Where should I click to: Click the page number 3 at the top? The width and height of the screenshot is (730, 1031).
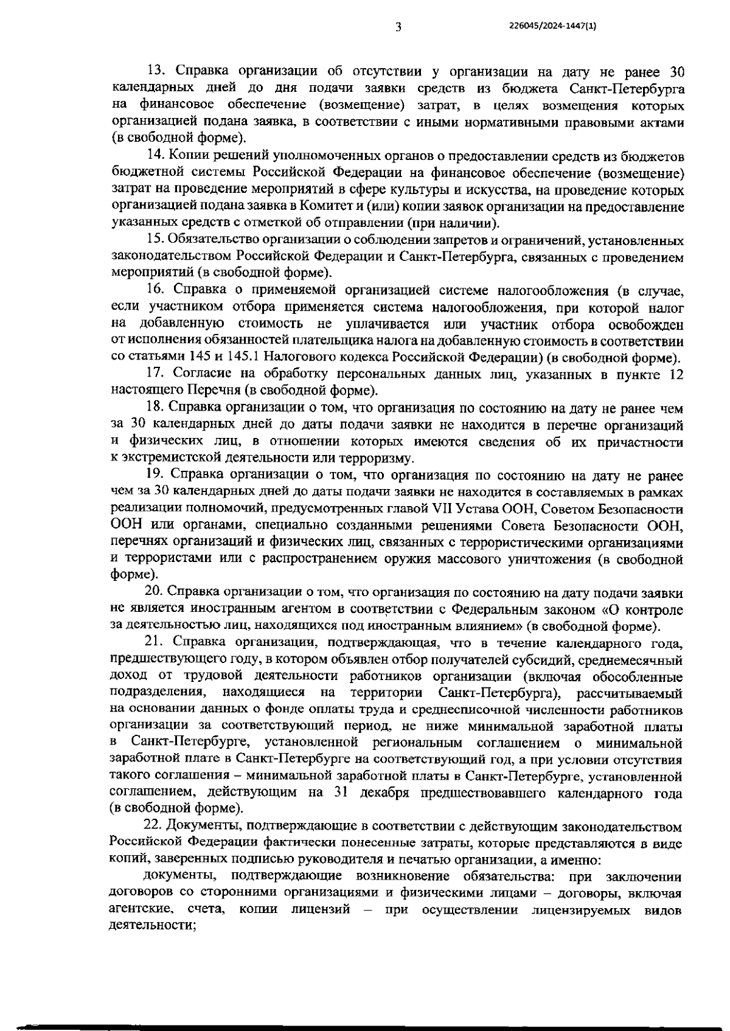(x=398, y=26)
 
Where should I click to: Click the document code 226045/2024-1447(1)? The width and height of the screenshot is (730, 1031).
(x=552, y=26)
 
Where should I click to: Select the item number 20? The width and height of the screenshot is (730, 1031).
(x=155, y=592)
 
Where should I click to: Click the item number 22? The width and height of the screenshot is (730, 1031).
(x=155, y=827)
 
